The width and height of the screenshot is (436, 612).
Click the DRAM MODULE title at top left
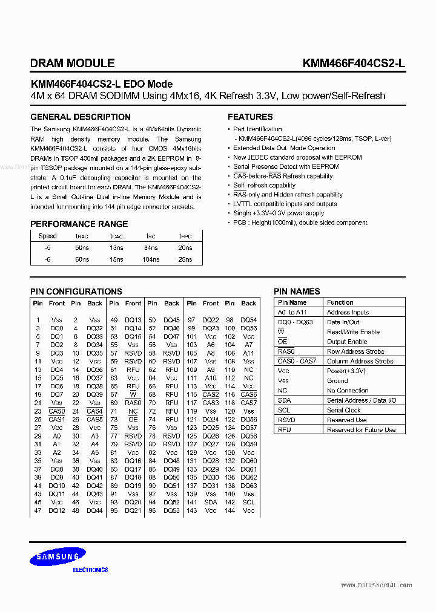(x=72, y=63)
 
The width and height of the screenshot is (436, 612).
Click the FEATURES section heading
(x=250, y=117)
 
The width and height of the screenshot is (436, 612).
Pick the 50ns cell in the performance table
(x=82, y=248)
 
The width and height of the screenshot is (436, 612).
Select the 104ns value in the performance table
(x=150, y=259)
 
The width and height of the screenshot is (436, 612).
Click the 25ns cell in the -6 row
(x=185, y=259)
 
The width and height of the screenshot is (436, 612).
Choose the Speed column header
(x=47, y=236)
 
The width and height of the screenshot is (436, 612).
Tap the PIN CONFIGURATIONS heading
(x=76, y=291)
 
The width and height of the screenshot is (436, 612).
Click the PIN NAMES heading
(x=297, y=291)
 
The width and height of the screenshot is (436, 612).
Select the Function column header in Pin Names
(x=340, y=302)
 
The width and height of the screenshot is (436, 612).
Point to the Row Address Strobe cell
(x=355, y=351)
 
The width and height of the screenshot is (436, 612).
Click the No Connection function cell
(x=348, y=391)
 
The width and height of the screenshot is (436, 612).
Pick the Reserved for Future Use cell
(x=361, y=430)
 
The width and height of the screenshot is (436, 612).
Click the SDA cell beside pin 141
(x=210, y=502)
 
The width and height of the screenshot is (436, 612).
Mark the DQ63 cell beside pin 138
(x=249, y=486)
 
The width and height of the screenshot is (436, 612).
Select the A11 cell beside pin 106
(x=249, y=353)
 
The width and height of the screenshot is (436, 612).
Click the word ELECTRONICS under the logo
(x=90, y=570)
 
